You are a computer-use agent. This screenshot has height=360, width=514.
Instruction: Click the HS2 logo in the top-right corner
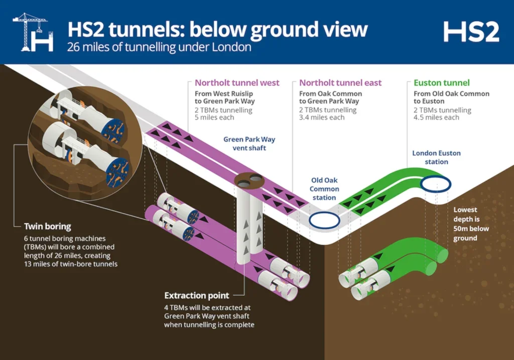point(471,32)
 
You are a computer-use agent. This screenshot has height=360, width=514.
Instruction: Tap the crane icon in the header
point(33,32)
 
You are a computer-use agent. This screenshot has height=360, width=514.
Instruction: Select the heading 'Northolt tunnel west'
point(237,83)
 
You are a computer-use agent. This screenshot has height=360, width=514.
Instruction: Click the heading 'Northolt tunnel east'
point(340,83)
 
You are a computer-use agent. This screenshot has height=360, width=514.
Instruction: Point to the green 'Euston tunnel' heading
point(442,83)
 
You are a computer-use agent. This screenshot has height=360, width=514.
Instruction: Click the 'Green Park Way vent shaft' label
point(249,144)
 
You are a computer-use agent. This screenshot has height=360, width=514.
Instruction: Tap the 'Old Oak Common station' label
point(324,189)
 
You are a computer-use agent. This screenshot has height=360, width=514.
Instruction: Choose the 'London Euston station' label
point(436,157)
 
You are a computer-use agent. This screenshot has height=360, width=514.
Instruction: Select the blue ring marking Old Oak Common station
point(324,212)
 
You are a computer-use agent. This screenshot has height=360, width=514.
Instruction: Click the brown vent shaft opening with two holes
point(249,181)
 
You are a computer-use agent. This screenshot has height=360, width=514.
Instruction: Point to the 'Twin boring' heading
point(48,226)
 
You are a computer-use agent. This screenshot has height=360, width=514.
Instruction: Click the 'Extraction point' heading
point(197,295)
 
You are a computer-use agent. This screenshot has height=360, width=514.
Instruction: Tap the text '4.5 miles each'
point(436,117)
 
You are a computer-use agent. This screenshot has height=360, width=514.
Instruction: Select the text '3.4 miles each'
point(322,117)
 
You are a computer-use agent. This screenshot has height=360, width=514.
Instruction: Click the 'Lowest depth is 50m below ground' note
point(471,224)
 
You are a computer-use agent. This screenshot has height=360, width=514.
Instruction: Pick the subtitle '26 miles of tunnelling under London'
point(159,47)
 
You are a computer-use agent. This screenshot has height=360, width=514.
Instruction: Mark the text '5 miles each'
point(214,117)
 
